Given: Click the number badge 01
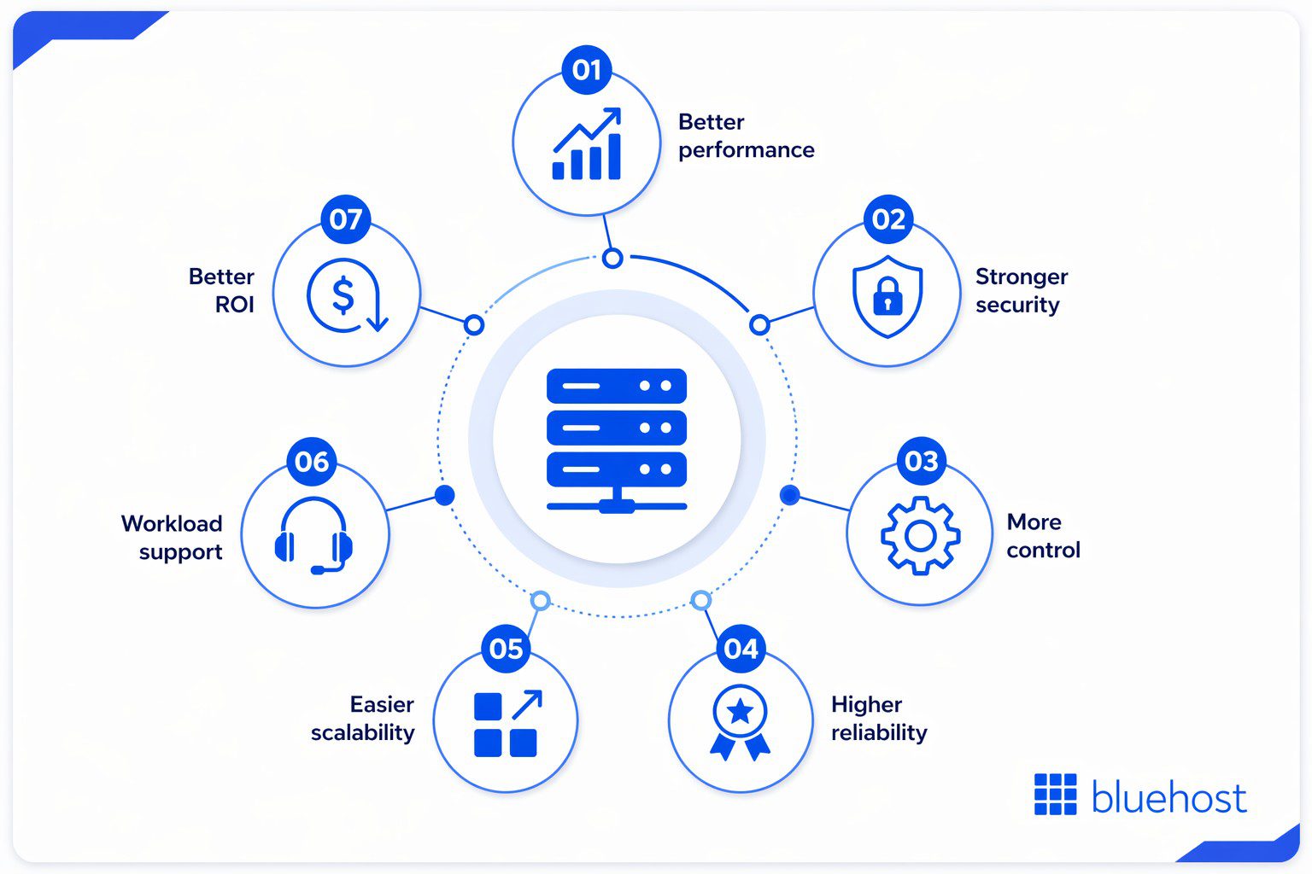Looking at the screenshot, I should coord(587,70).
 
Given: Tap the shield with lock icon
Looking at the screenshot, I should coord(887,295).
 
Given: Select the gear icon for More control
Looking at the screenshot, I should coord(920,535).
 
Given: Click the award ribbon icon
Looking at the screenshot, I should coord(740,721).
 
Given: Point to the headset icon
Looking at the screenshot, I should coord(313,535).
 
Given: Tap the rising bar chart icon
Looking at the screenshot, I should coord(587,144).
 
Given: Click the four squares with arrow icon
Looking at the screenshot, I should coord(507,723).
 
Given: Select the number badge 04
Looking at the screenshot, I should coord(741,650).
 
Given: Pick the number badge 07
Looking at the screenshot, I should coord(346,219).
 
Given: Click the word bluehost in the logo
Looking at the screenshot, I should coord(1168,798).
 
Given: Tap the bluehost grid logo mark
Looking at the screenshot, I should coord(1055,795).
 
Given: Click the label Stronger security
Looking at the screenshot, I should coord(1021,290).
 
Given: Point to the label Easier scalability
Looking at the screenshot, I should coord(363,718).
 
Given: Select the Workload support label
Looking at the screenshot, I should coord(173,537).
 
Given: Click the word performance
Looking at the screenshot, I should coord(746,150).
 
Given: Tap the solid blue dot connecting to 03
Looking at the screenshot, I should coord(789,495).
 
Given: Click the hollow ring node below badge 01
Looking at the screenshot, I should coord(612,258).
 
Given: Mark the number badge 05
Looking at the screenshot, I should coord(507,650).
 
